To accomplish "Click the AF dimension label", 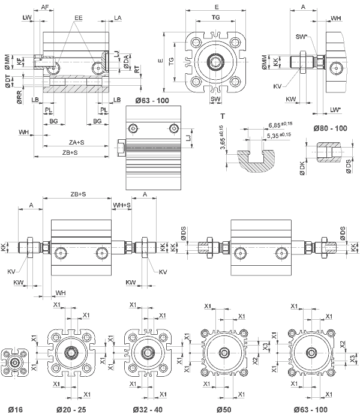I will (45, 7).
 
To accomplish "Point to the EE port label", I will (79, 19).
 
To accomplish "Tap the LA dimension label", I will (118, 19).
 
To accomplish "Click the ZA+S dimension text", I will (77, 142).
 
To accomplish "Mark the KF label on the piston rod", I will (20, 61).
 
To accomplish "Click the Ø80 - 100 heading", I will (331, 128).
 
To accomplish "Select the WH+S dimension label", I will (122, 205).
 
